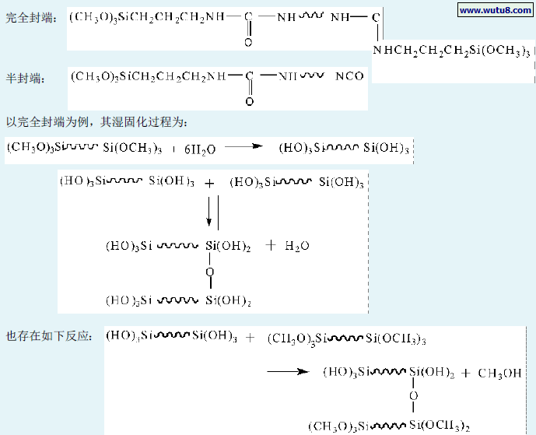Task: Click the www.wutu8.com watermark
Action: pyautogui.click(x=495, y=10)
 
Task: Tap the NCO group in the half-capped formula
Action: pyautogui.click(x=349, y=76)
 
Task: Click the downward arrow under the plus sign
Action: pyautogui.click(x=209, y=210)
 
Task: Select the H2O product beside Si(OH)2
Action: pyautogui.click(x=297, y=245)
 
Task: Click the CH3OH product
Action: pyautogui.click(x=500, y=373)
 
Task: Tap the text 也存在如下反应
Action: pyautogui.click(x=50, y=336)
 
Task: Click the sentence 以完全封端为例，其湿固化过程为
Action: pyautogui.click(x=96, y=122)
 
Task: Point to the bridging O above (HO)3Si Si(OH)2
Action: pyautogui.click(x=209, y=272)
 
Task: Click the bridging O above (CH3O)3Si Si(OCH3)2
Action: pyautogui.click(x=413, y=397)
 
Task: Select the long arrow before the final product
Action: pyautogui.click(x=289, y=372)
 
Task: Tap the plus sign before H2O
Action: pyautogui.click(x=271, y=245)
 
